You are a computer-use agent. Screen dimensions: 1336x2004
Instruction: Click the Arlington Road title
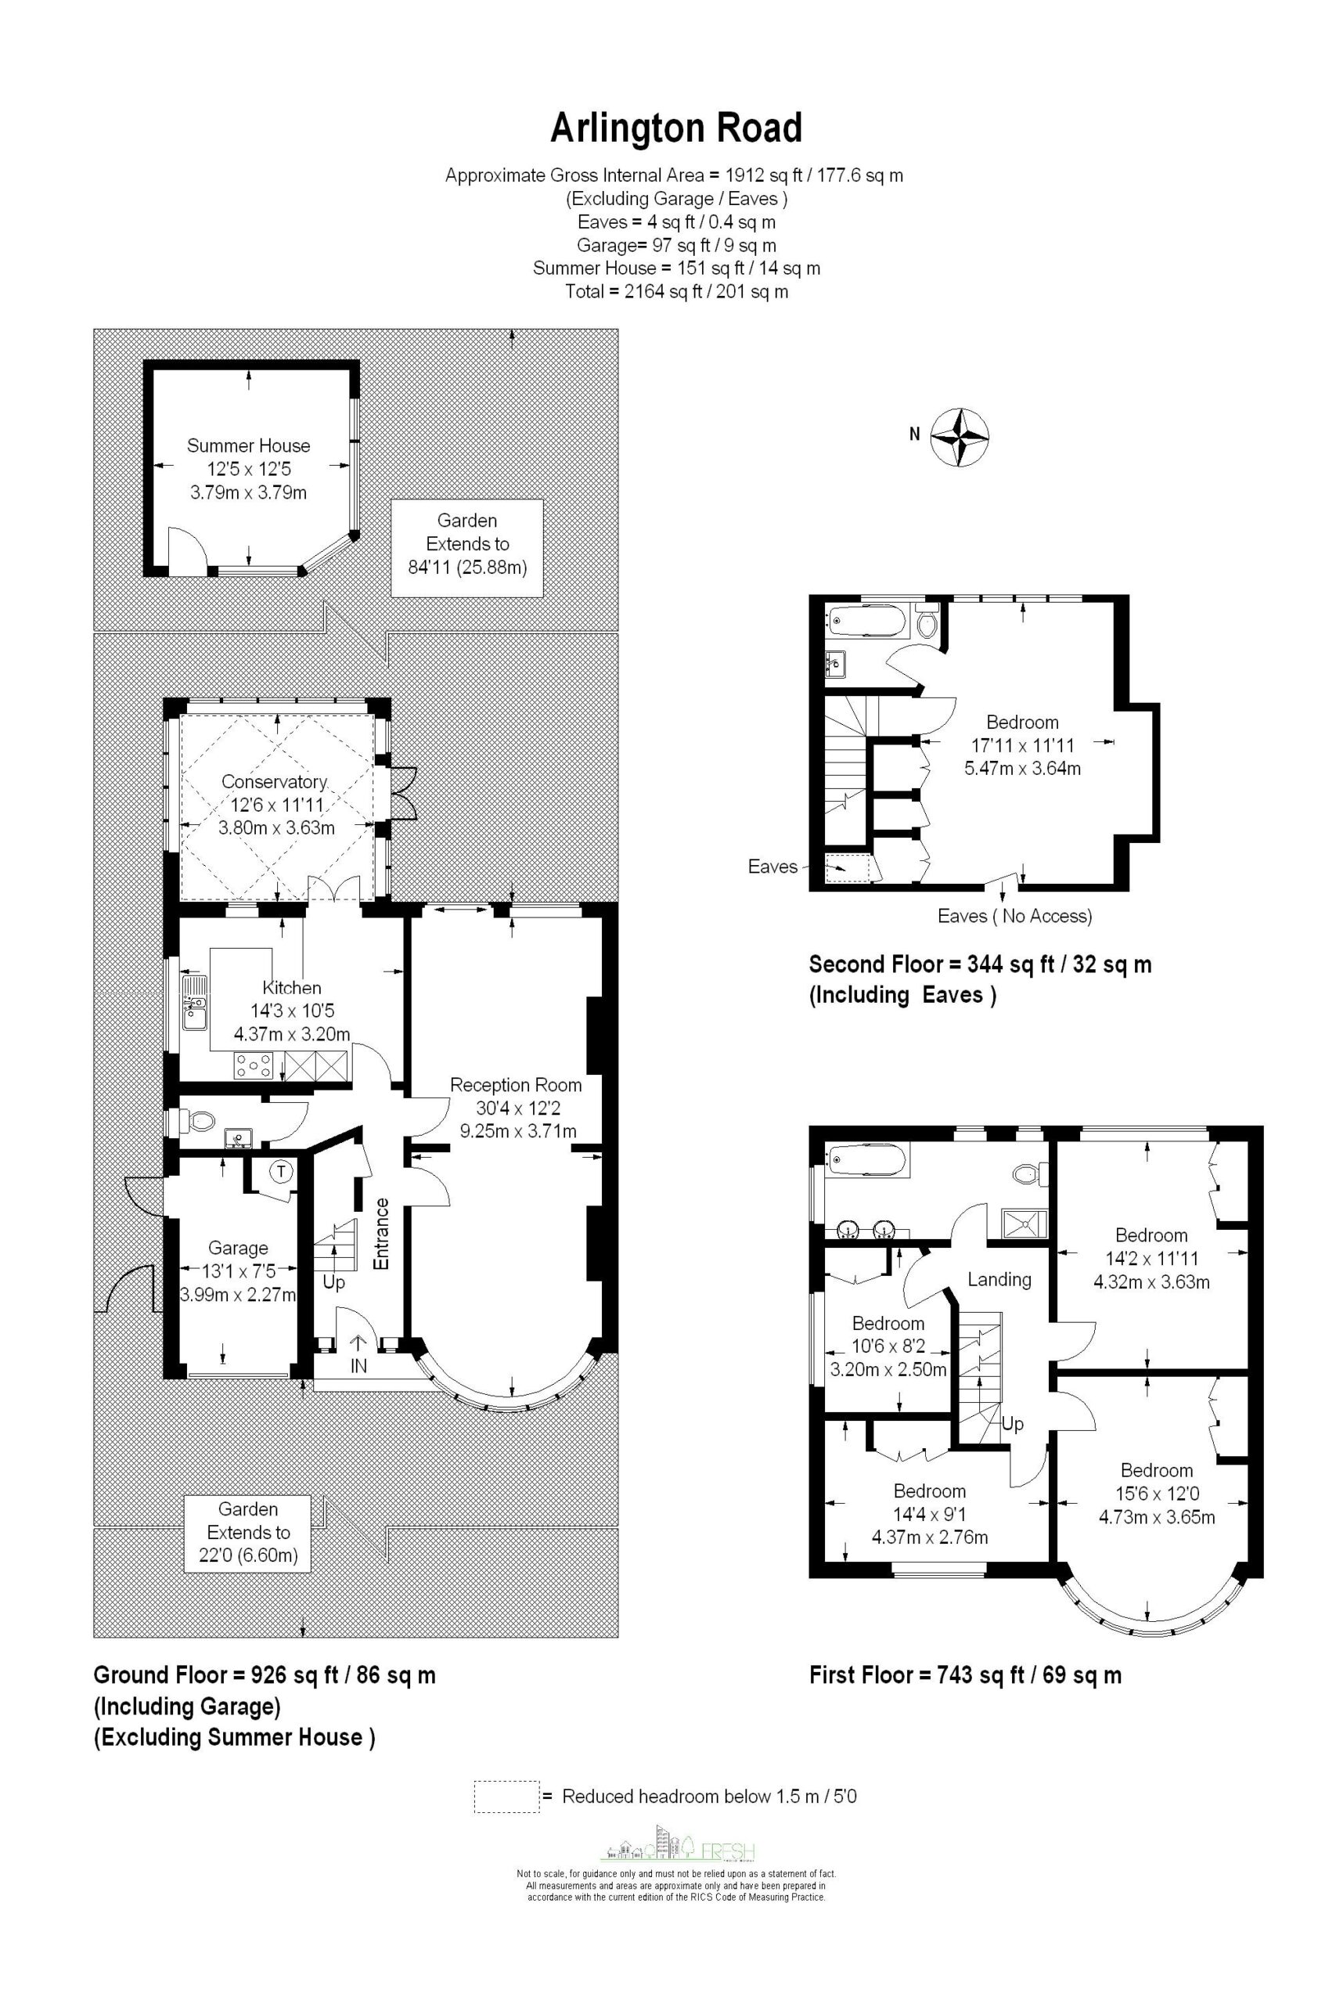point(675,128)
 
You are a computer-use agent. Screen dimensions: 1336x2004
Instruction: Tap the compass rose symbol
point(960,438)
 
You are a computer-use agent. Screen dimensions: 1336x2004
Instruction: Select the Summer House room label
point(248,445)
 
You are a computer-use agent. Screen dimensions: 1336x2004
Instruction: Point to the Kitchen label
point(291,987)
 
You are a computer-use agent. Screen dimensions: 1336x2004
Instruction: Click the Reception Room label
point(516,1085)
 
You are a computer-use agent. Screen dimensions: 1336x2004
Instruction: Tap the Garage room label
point(238,1249)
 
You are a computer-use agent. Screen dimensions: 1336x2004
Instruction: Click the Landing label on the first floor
point(999,1279)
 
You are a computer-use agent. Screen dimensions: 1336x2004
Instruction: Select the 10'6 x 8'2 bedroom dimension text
point(888,1347)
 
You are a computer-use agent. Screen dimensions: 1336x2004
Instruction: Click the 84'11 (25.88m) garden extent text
point(467,567)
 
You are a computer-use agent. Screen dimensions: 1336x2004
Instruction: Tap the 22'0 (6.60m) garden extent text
point(248,1555)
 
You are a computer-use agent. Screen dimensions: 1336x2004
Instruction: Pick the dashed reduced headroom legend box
point(507,1797)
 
